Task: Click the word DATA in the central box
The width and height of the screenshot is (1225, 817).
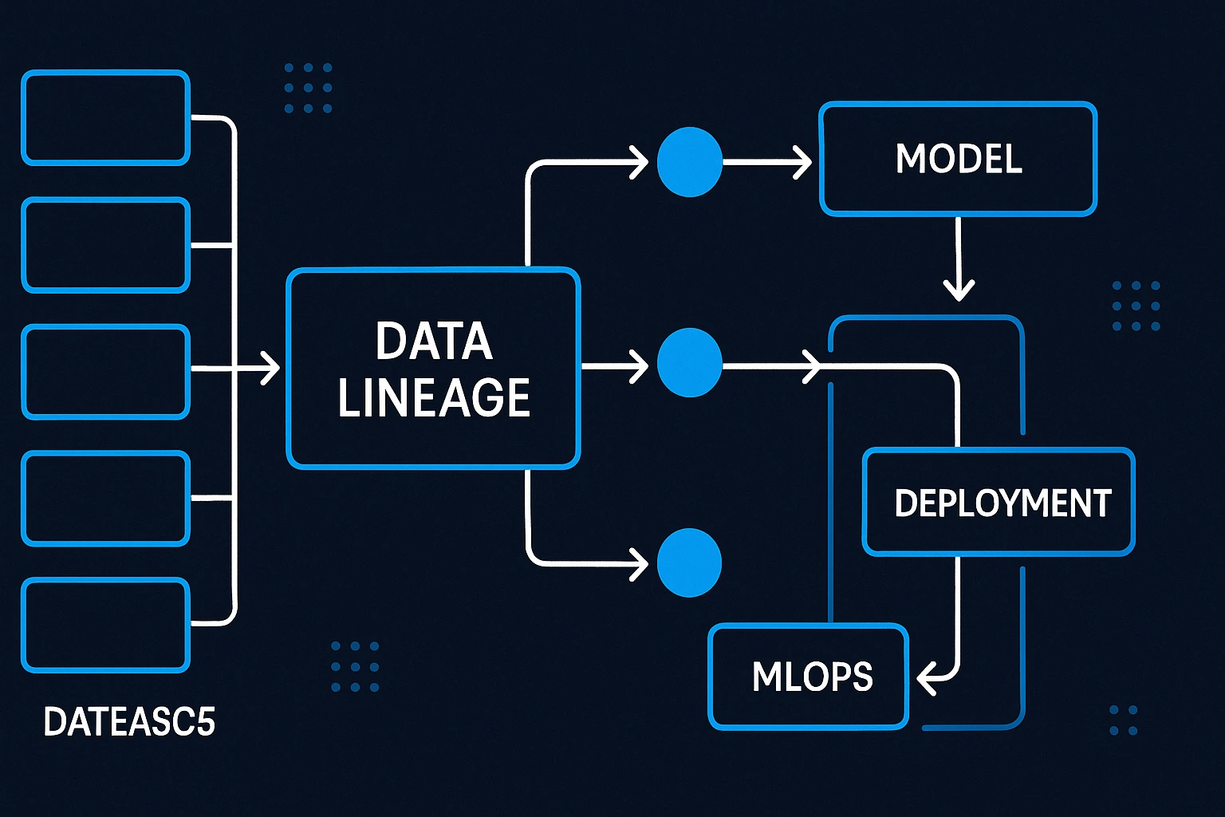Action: click(434, 341)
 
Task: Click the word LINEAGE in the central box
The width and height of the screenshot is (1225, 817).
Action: click(434, 397)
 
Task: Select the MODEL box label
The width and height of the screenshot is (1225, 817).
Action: click(959, 159)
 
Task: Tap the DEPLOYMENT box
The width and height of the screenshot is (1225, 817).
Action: click(1002, 503)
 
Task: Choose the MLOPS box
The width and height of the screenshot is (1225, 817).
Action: click(811, 677)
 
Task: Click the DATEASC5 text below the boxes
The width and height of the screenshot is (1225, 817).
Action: click(129, 722)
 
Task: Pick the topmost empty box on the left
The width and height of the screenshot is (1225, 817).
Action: click(105, 118)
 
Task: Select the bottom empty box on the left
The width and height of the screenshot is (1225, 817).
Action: click(105, 626)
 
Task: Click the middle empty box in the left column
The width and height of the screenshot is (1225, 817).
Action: click(105, 372)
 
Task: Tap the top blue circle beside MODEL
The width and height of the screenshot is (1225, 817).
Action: click(689, 162)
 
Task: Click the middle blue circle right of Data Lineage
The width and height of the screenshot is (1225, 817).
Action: click(689, 363)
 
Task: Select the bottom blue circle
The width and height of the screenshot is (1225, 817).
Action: click(689, 562)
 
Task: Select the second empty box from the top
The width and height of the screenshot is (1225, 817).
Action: click(105, 245)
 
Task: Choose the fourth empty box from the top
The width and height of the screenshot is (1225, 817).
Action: click(105, 499)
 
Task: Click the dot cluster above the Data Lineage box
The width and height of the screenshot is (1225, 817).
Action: click(308, 88)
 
